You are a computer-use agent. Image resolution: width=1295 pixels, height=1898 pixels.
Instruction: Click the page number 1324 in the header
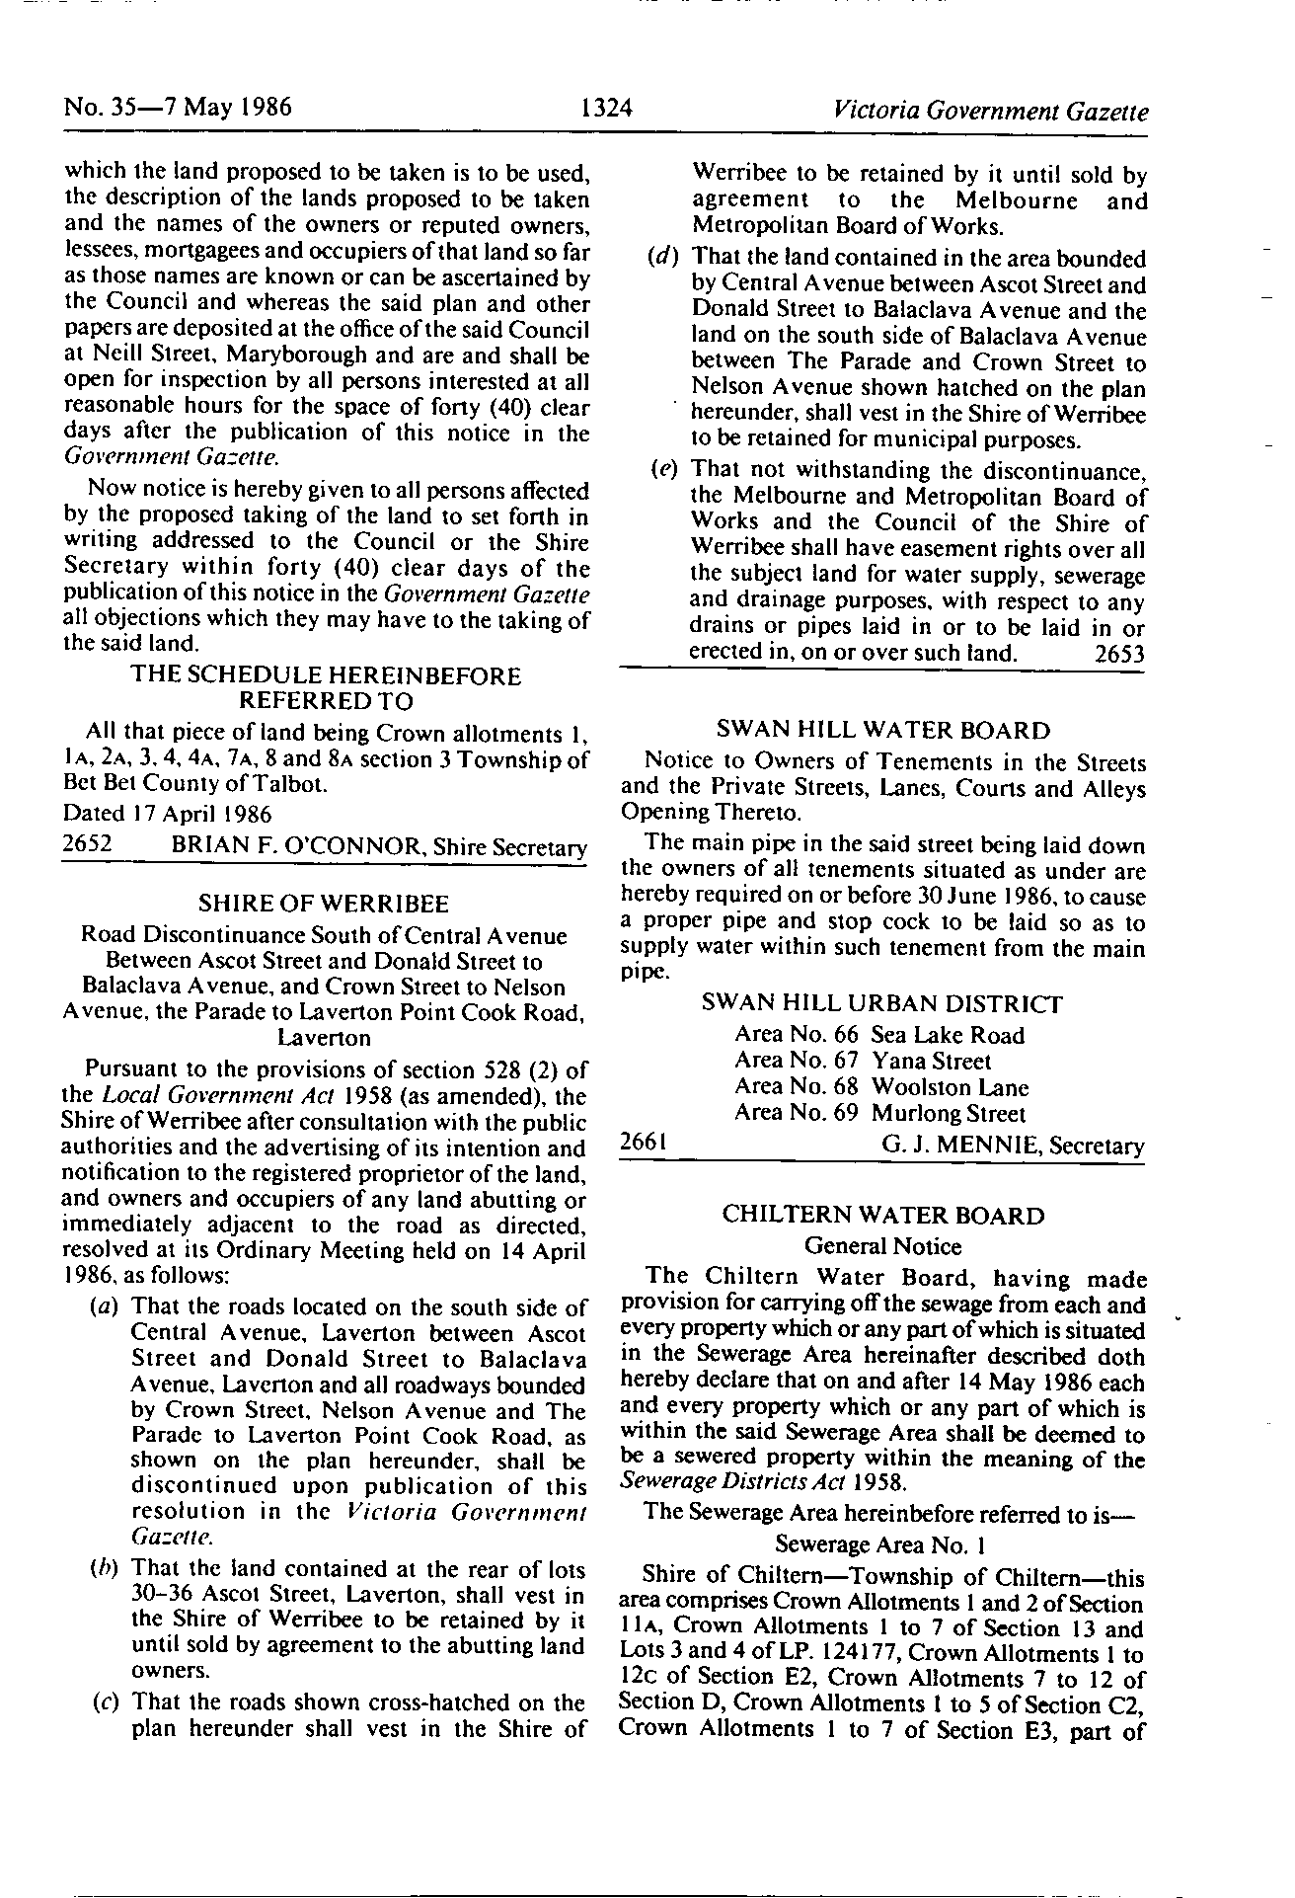(x=606, y=108)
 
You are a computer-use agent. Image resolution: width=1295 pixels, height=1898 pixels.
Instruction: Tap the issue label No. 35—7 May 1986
(x=178, y=107)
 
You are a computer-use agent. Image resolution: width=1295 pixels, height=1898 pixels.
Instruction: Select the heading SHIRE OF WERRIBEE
(x=324, y=904)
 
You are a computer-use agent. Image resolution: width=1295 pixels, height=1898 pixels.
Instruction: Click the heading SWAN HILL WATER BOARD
(x=882, y=731)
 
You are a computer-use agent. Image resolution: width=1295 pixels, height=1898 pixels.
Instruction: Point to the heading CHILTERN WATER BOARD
(x=882, y=1215)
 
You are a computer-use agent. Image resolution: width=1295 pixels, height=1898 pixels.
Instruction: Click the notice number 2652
(x=87, y=845)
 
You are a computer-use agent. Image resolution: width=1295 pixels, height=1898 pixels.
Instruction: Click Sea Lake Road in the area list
(x=948, y=1035)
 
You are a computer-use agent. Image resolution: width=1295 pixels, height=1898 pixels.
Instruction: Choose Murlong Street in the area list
(x=949, y=1114)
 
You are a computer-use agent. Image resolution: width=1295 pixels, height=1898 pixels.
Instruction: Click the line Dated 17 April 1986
(x=168, y=814)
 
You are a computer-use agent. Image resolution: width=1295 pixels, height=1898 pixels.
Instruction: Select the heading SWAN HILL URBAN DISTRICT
(x=882, y=1004)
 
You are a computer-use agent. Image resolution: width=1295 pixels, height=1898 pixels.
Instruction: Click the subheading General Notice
(x=882, y=1246)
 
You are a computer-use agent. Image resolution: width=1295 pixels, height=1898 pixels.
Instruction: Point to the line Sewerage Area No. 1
(x=882, y=1543)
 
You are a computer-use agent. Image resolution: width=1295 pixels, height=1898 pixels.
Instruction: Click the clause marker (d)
(x=662, y=260)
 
